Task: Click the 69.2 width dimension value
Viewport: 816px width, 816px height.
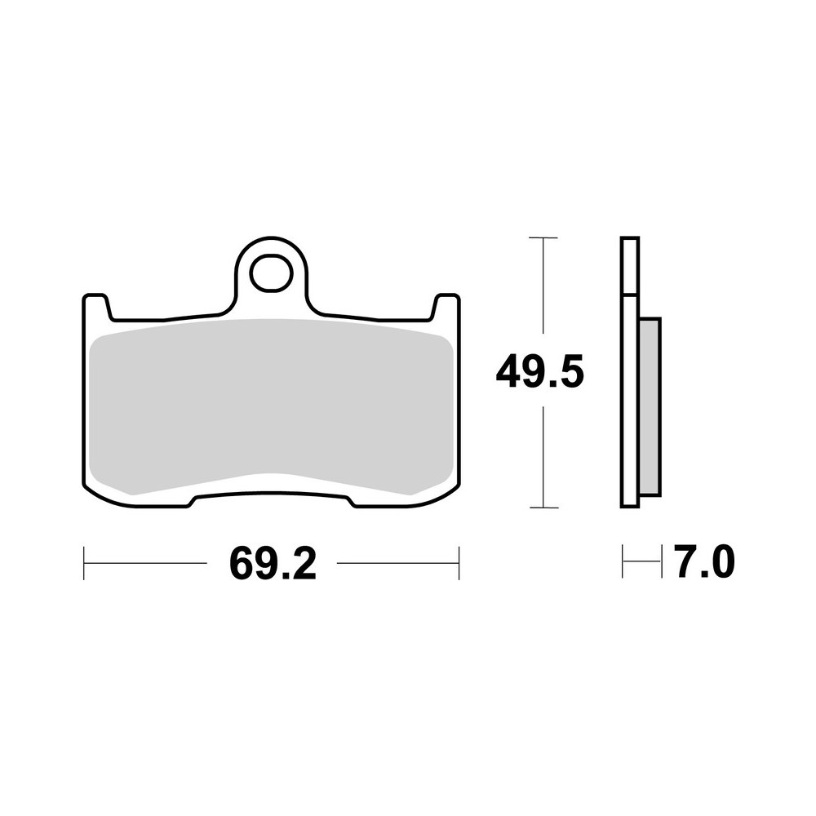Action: click(x=273, y=563)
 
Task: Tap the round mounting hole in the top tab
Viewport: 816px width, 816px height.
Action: click(x=271, y=273)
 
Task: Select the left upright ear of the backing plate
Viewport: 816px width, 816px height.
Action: click(x=96, y=307)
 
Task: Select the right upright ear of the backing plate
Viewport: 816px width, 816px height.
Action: click(x=446, y=307)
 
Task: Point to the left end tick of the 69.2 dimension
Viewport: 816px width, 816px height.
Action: click(x=84, y=563)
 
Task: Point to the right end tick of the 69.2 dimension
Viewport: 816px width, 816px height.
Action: click(x=459, y=563)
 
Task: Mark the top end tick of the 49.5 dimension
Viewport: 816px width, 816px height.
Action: click(x=543, y=237)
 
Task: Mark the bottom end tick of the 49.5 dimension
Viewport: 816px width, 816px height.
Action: click(x=543, y=508)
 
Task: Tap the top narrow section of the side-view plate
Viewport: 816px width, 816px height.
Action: click(x=630, y=266)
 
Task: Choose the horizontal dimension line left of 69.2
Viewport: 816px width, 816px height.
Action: click(x=147, y=563)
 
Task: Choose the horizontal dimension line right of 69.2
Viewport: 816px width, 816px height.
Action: click(x=397, y=563)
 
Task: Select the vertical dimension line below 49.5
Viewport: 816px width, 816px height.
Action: click(x=543, y=457)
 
